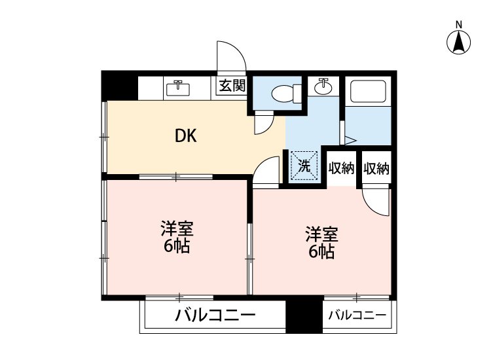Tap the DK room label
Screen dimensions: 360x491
tap(185, 136)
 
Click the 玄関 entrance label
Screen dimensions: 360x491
tap(232, 86)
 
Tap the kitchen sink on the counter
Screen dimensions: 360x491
tap(177, 87)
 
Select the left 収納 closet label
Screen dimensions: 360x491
tap(341, 168)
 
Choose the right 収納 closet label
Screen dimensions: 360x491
tap(376, 168)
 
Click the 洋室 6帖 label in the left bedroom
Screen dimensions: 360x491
tap(176, 237)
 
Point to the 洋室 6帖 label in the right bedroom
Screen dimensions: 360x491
tap(321, 243)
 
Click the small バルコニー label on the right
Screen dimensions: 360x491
tap(357, 315)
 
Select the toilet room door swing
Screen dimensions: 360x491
tap(264, 123)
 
